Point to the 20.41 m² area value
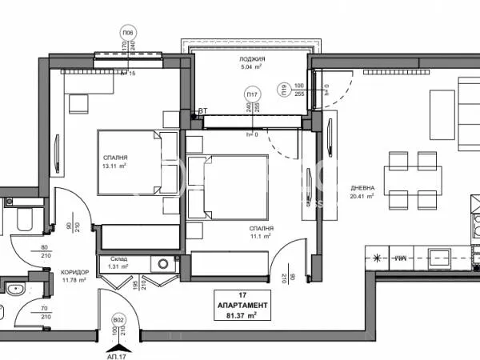click(362, 195)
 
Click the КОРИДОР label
click(74, 272)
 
